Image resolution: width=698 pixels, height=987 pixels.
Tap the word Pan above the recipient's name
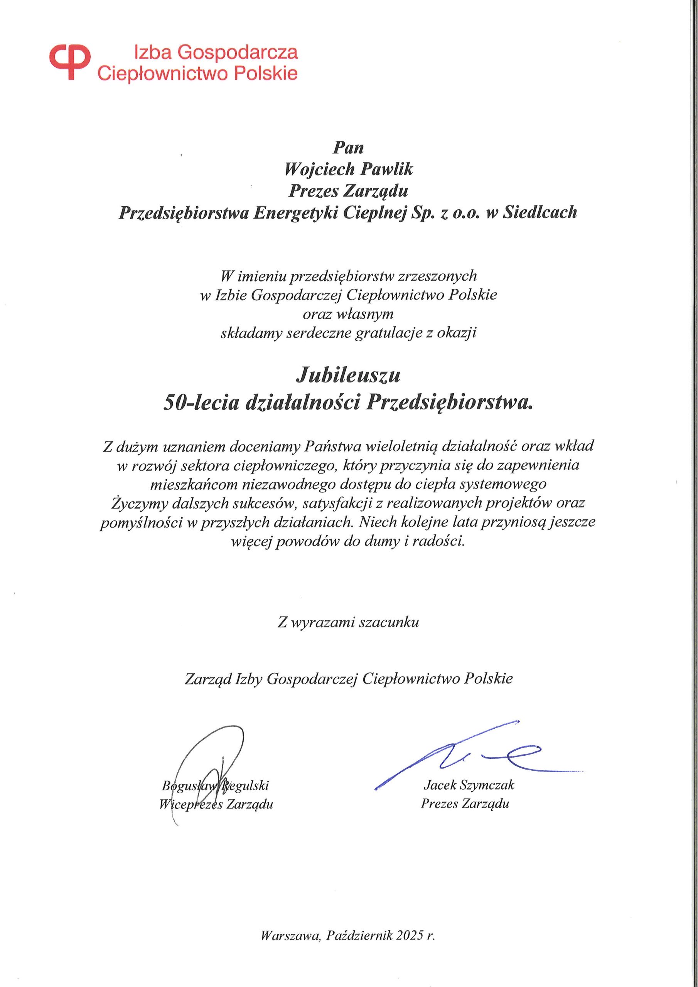pos(349,147)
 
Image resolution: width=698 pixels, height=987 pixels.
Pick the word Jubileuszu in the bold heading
pos(348,375)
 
